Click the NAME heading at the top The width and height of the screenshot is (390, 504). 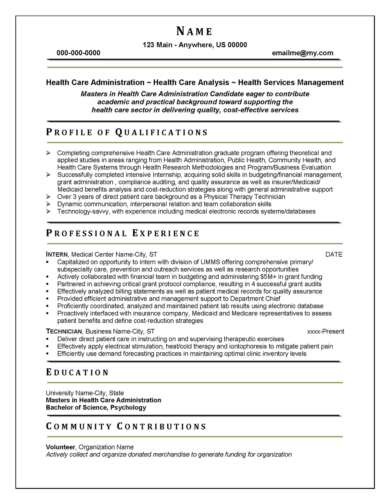coord(194,31)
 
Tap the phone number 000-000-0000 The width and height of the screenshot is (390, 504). coord(78,53)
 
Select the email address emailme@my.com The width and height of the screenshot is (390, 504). coord(303,53)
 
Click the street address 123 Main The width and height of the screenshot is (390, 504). coord(158,45)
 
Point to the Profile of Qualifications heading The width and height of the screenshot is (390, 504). coord(127,132)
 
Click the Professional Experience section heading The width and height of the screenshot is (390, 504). coord(123,233)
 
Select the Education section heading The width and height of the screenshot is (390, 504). coord(77,372)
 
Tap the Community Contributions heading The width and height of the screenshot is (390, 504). coord(126,426)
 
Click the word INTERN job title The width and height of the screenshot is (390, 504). coord(57,254)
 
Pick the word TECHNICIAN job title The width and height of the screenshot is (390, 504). coord(64,331)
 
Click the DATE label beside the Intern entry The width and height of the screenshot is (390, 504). coord(334,254)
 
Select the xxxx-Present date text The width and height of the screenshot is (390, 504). coord(326,331)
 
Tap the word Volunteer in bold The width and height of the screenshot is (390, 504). coord(60,447)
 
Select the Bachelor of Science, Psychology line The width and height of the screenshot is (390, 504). coord(96,407)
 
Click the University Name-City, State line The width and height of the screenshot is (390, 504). coord(85,393)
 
